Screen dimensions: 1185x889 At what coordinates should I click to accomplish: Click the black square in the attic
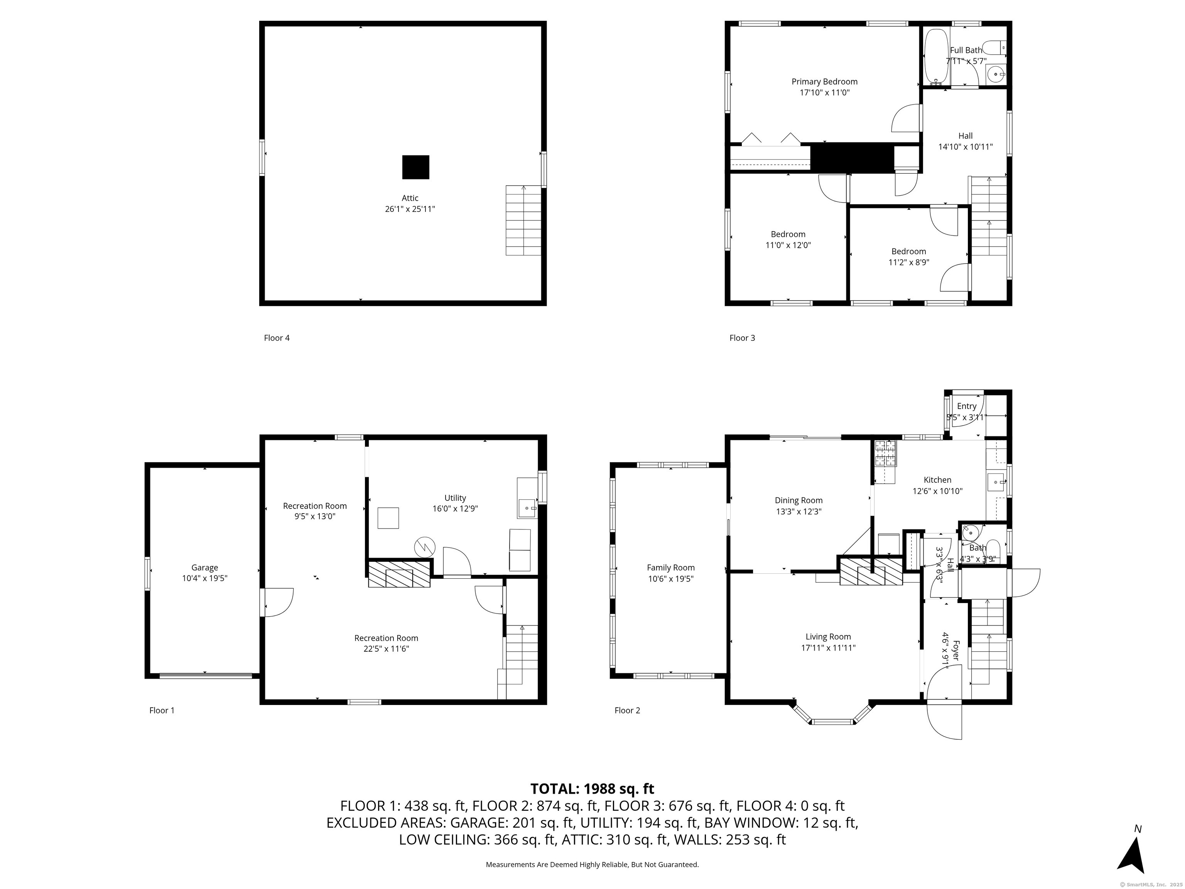coord(416,167)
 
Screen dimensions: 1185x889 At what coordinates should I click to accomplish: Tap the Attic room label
coord(410,198)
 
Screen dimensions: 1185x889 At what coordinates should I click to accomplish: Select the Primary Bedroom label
coord(824,81)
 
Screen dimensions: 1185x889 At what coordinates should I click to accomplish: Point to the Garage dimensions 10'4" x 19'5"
coord(205,578)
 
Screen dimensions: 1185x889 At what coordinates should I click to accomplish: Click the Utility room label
coord(455,498)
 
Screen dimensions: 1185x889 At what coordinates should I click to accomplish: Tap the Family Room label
coord(671,568)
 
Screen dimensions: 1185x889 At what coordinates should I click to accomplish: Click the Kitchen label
coord(937,480)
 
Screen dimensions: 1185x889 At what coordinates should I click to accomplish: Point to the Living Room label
coord(828,637)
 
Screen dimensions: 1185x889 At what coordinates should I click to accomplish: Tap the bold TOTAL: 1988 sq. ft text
coord(592,789)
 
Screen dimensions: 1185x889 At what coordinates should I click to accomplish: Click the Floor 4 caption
coord(277,338)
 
